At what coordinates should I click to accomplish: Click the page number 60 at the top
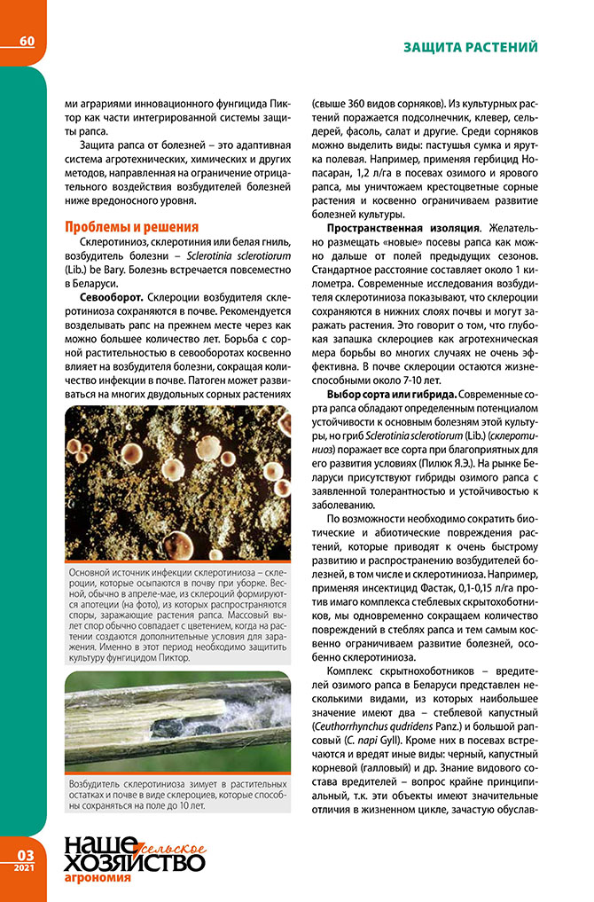[27, 42]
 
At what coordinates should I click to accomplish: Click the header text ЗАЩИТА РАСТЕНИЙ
[470, 46]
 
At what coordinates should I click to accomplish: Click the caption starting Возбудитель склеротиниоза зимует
[177, 795]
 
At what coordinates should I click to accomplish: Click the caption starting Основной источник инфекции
[177, 613]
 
